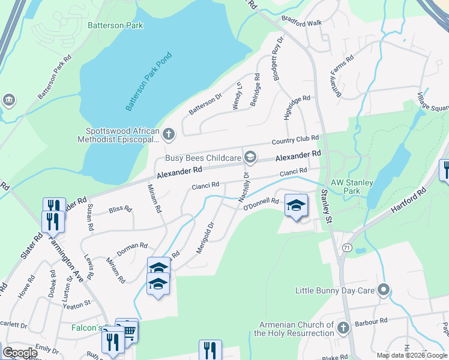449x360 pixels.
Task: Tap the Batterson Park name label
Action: tap(115, 26)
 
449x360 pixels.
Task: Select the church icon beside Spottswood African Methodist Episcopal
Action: tap(169, 134)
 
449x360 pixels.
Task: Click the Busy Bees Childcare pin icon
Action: tap(250, 158)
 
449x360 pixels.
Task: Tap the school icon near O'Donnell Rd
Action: tap(295, 206)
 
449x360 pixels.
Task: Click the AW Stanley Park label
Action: tap(352, 187)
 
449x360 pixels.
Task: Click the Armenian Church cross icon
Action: tap(343, 328)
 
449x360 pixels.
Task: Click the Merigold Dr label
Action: tap(206, 238)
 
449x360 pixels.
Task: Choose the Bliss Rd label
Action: tap(120, 209)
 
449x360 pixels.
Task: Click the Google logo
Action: tap(20, 353)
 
